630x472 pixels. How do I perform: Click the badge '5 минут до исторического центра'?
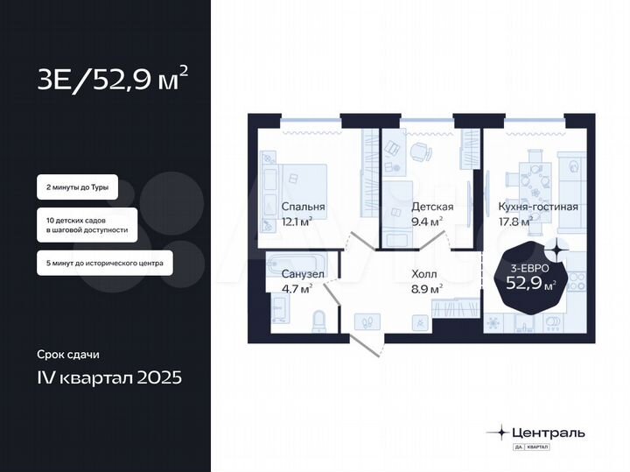(x=104, y=262)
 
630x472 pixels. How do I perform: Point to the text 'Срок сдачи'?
(x=67, y=355)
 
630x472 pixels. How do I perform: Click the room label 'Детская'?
(x=431, y=208)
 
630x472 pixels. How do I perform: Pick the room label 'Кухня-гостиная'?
(x=537, y=208)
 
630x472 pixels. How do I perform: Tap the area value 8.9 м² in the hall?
(x=426, y=288)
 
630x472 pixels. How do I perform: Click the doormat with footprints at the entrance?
(x=367, y=321)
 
